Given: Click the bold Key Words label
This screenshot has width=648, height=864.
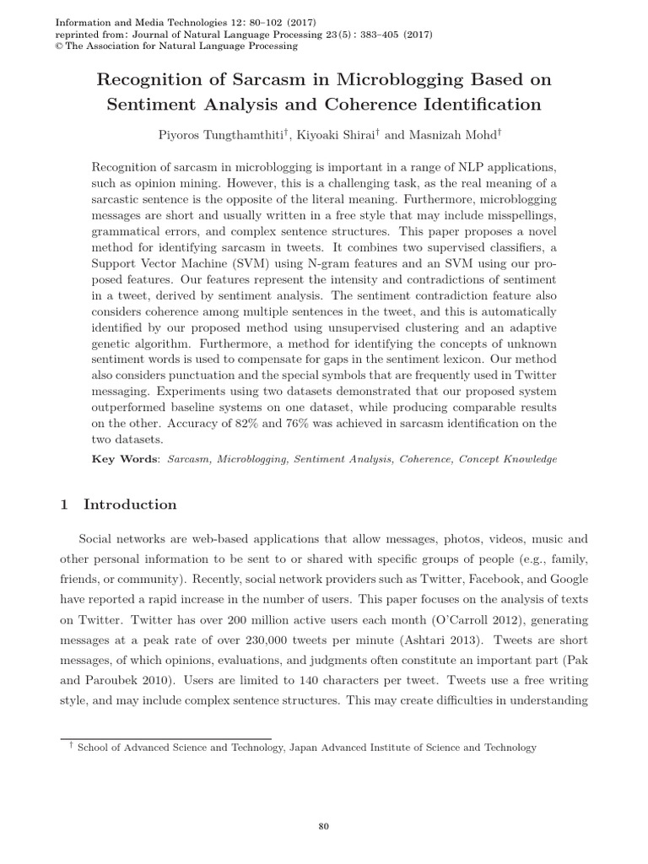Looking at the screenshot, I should pyautogui.click(x=124, y=459).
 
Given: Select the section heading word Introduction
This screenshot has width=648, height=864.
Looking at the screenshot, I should pyautogui.click(x=130, y=505).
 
